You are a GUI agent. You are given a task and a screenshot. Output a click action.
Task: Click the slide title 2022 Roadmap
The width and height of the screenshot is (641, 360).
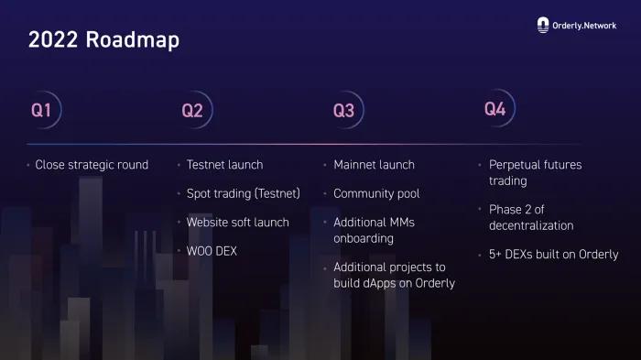pyautogui.click(x=103, y=39)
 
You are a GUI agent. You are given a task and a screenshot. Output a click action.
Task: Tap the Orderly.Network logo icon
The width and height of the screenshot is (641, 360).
pyautogui.click(x=543, y=26)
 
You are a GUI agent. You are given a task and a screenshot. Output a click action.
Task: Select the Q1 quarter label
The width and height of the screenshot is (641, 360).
pyautogui.click(x=41, y=111)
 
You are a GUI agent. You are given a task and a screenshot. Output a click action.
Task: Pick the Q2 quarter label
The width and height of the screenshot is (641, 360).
pyautogui.click(x=192, y=111)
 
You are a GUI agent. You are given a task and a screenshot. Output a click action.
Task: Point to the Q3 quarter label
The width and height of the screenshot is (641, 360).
pyautogui.click(x=343, y=111)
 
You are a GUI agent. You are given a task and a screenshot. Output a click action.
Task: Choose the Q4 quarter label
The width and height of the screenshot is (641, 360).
pyautogui.click(x=494, y=109)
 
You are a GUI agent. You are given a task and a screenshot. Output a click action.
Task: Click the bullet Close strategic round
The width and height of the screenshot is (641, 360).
pyautogui.click(x=92, y=165)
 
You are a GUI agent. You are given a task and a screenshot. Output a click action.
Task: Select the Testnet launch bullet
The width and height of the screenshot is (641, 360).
pyautogui.click(x=224, y=165)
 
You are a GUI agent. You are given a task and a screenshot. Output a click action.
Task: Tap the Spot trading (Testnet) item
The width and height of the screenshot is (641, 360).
pyautogui.click(x=243, y=193)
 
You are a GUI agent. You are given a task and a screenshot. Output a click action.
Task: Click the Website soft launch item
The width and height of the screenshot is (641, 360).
pyautogui.click(x=237, y=222)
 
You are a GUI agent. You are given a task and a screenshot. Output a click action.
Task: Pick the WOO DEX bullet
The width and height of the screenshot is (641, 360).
pyautogui.click(x=212, y=250)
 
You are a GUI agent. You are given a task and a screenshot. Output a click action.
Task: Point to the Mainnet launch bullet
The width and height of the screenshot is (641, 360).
pyautogui.click(x=374, y=165)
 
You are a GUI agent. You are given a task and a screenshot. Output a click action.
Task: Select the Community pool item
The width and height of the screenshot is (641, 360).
pyautogui.click(x=376, y=193)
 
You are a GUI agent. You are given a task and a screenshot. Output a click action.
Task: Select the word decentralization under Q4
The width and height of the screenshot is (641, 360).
pyautogui.click(x=531, y=225)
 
